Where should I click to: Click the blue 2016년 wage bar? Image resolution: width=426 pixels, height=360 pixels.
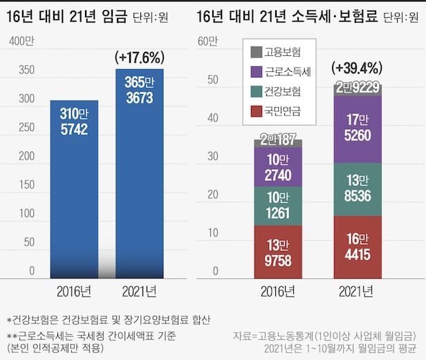(74, 187)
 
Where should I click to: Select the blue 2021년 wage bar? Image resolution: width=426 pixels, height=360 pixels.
(139, 173)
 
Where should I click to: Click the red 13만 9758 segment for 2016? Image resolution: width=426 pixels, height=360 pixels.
(278, 252)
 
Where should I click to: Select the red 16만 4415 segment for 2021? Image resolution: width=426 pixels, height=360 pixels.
(358, 247)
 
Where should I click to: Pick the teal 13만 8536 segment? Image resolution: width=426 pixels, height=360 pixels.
(358, 189)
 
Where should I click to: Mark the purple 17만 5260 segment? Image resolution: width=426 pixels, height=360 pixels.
(358, 128)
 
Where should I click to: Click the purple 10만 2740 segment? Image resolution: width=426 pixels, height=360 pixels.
(278, 167)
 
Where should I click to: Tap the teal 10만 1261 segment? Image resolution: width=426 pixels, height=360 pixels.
(278, 206)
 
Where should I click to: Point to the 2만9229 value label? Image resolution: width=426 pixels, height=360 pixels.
(358, 88)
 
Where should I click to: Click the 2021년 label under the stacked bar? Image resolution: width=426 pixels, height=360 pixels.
(358, 291)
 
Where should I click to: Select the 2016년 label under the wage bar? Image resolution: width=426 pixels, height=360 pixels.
(74, 291)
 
